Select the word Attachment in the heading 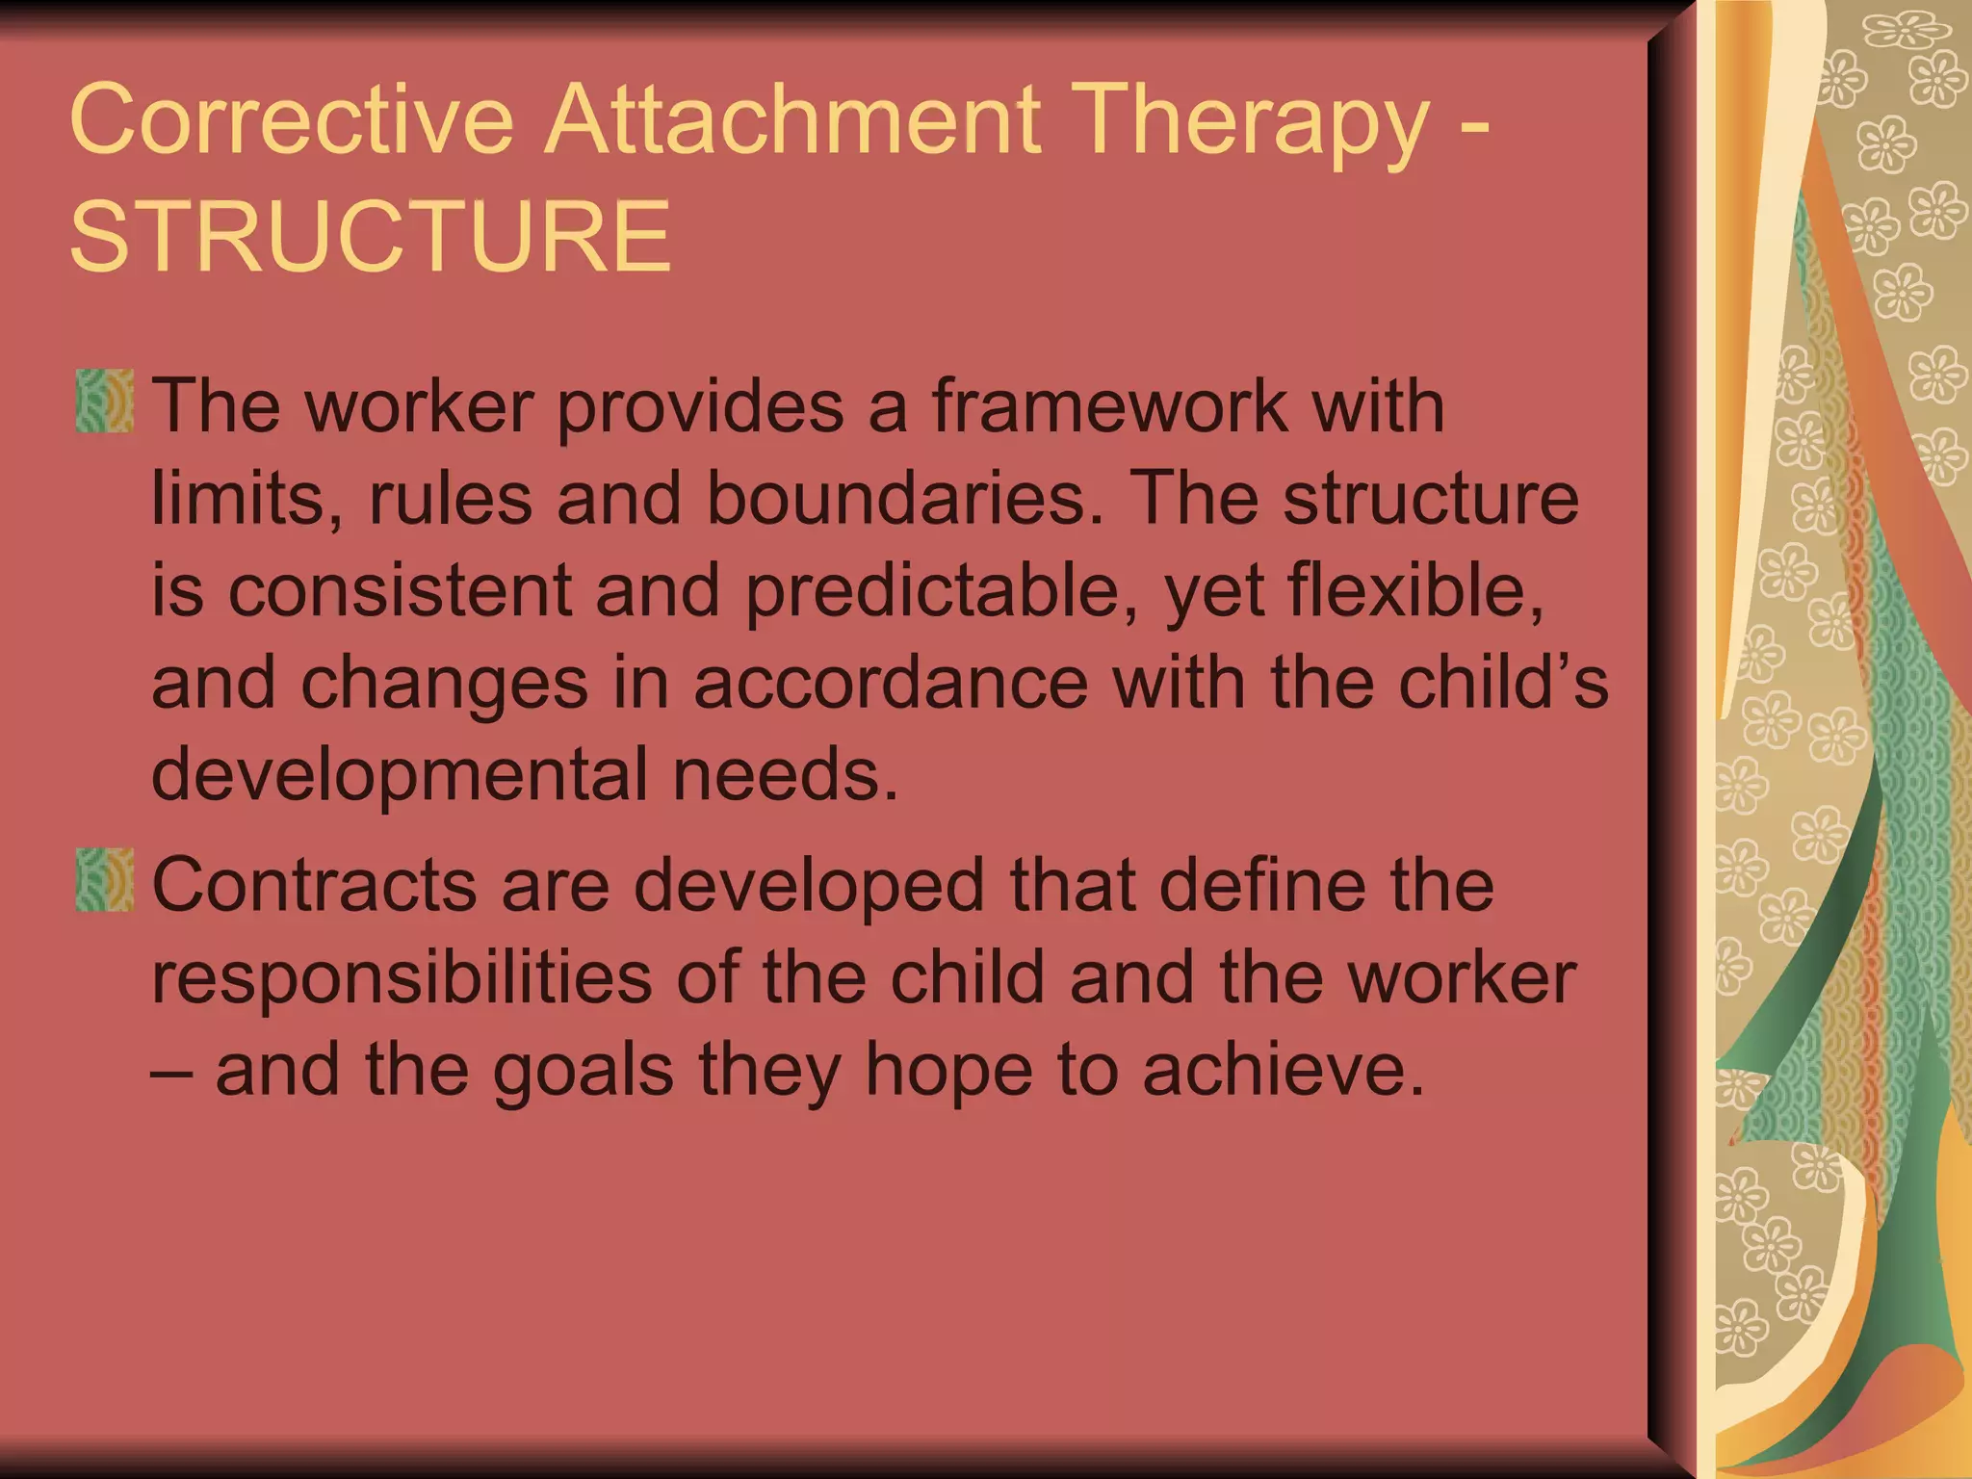pyautogui.click(x=792, y=119)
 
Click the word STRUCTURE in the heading pyautogui.click(x=371, y=236)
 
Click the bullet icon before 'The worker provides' pyautogui.click(x=104, y=401)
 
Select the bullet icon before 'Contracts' pyautogui.click(x=104, y=880)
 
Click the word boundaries pyautogui.click(x=905, y=498)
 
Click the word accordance pyautogui.click(x=891, y=683)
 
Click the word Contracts pyautogui.click(x=314, y=885)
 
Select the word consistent pyautogui.click(x=400, y=590)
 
